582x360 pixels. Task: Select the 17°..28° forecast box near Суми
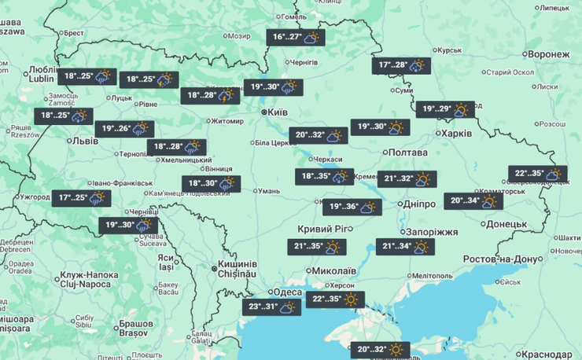pyautogui.click(x=402, y=66)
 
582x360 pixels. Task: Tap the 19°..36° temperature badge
pyautogui.click(x=352, y=208)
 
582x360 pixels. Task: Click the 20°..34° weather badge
pyautogui.click(x=473, y=201)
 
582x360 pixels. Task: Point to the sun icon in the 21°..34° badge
pyautogui.click(x=422, y=248)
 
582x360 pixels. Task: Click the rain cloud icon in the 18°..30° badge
pyautogui.click(x=227, y=184)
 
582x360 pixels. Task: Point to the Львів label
pyautogui.click(x=84, y=141)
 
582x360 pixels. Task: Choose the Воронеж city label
pyautogui.click(x=549, y=53)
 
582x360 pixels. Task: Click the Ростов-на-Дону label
pyautogui.click(x=514, y=259)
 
